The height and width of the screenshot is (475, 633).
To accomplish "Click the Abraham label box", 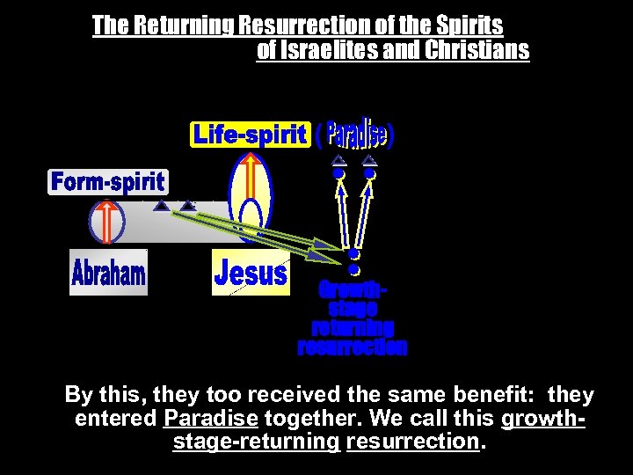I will [x=109, y=273].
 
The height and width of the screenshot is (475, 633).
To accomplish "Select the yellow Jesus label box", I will [x=251, y=273].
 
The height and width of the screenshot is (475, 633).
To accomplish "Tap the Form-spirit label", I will [x=107, y=182].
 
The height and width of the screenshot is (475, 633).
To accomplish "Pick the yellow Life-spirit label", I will [x=251, y=135].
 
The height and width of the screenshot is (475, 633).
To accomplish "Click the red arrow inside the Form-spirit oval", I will [x=105, y=221].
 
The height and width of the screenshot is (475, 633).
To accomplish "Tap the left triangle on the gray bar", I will [x=161, y=207].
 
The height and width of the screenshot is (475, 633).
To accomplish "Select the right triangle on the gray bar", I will [x=187, y=207].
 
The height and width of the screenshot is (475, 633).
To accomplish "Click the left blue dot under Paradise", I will [x=338, y=174].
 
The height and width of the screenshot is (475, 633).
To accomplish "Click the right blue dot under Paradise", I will [x=370, y=174].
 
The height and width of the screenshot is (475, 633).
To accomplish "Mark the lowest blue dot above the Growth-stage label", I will [x=353, y=269].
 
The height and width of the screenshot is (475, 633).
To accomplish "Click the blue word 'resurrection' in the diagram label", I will [x=353, y=347].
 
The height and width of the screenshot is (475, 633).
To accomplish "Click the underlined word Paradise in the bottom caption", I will [x=211, y=418].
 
